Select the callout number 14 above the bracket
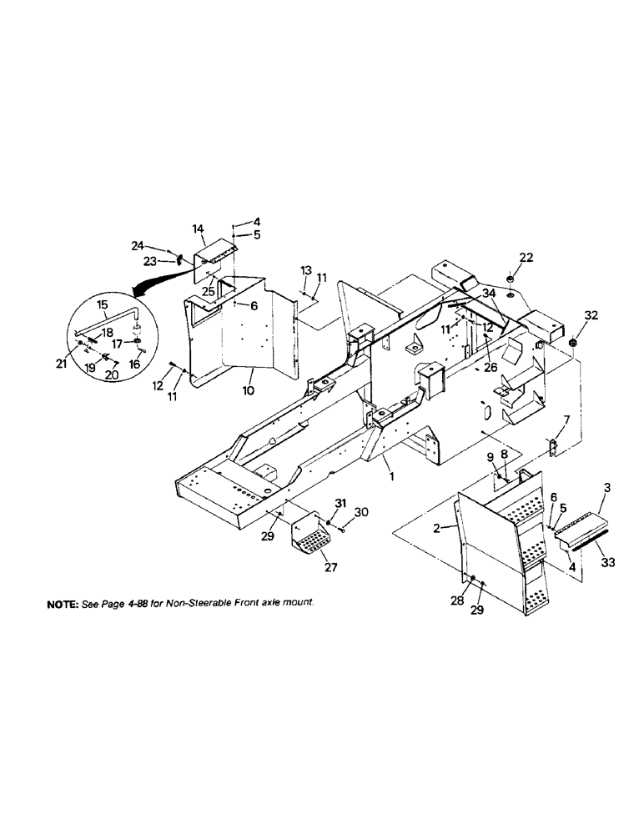198,228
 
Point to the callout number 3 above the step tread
606,486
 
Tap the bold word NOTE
65,602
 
